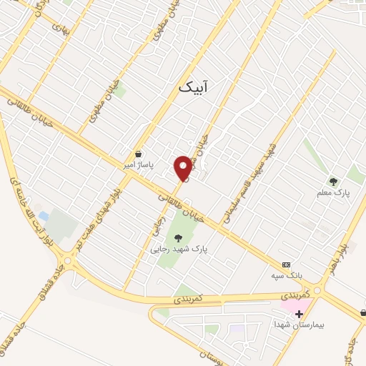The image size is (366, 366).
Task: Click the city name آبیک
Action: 195,86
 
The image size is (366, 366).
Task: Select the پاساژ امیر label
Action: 138,164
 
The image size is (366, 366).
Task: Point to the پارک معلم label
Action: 332,193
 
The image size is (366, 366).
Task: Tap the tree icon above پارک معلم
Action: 332,182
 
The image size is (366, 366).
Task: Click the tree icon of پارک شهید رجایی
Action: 178,238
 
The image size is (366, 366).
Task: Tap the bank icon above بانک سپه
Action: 286,264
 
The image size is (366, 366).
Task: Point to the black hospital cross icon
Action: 298,314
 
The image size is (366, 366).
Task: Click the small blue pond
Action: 44,215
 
